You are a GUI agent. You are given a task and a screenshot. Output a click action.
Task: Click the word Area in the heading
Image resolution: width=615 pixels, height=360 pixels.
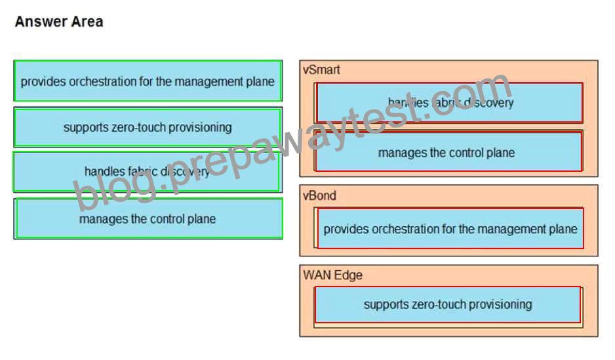coord(87,22)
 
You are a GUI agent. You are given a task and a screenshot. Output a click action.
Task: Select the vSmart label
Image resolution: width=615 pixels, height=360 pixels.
coord(321,70)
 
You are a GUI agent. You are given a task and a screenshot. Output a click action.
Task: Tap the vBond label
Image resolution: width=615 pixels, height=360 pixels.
coord(319,195)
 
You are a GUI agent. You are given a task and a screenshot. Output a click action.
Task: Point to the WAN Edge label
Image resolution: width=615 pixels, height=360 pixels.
coord(332,275)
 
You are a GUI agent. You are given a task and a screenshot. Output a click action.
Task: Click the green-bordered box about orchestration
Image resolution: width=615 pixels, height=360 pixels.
coord(148,81)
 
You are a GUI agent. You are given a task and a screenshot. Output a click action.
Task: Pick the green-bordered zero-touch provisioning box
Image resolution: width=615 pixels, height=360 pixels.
coord(148,127)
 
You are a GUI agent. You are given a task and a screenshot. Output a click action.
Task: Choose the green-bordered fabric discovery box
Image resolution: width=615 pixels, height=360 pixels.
coord(146,172)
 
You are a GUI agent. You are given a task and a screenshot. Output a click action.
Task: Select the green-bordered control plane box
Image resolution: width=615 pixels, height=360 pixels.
coord(149,218)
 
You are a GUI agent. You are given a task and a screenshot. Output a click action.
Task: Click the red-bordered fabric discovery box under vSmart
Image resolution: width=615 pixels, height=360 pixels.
coord(450,102)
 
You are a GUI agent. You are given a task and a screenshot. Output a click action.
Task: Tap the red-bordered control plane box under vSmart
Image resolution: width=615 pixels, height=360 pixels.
coord(448,151)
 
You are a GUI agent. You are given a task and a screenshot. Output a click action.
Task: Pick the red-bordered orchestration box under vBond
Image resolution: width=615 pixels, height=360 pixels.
coord(450,228)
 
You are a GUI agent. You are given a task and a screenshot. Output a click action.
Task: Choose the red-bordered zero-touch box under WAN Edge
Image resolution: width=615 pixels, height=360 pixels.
coord(448,305)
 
